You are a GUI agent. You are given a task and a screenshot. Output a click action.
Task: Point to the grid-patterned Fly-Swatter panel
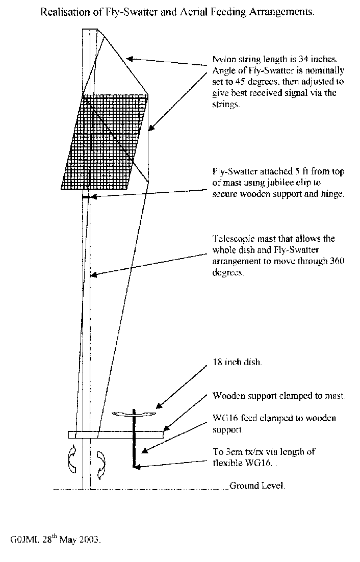[x=105, y=142]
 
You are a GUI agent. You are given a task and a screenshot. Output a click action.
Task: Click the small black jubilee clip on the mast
[x=87, y=197]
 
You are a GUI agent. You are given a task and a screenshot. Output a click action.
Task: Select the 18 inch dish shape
[x=134, y=414]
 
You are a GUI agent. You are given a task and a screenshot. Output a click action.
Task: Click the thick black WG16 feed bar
[x=134, y=438]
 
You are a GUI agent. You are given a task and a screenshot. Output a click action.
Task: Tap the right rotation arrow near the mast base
[x=101, y=465]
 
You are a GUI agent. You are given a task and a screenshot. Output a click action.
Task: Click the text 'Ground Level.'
[x=257, y=486]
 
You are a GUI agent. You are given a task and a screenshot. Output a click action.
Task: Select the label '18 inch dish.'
[x=238, y=362]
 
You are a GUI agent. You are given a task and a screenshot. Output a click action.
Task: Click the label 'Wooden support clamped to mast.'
[x=279, y=396]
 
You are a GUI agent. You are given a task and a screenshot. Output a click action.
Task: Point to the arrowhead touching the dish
[x=160, y=406]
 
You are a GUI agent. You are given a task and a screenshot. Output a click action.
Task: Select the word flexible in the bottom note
[x=228, y=463]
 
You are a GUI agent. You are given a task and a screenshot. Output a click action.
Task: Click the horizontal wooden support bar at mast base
[x=116, y=435]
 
